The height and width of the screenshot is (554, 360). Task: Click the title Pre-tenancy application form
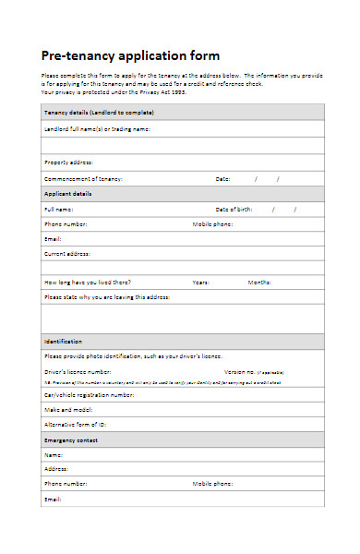pyautogui.click(x=131, y=54)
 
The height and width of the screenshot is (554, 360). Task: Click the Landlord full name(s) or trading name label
pyautogui.click(x=97, y=129)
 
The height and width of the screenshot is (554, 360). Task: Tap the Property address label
pyautogui.click(x=68, y=162)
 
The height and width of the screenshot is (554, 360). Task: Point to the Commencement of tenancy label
pyautogui.click(x=83, y=178)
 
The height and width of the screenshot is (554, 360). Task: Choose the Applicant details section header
pyautogui.click(x=69, y=194)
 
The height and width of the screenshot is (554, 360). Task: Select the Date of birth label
pyautogui.click(x=234, y=210)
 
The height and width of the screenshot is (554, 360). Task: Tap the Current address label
pyautogui.click(x=67, y=252)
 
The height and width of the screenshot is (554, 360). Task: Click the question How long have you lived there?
pyautogui.click(x=88, y=282)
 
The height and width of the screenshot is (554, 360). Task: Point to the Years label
pyautogui.click(x=200, y=282)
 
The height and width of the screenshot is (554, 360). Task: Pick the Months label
pyautogui.click(x=258, y=282)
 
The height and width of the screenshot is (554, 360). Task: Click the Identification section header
pyautogui.click(x=64, y=341)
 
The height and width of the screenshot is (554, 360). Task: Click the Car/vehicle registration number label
pyautogui.click(x=90, y=394)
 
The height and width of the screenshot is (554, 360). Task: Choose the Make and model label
pyautogui.click(x=66, y=409)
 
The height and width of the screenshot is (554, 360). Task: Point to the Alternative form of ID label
pyautogui.click(x=77, y=425)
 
